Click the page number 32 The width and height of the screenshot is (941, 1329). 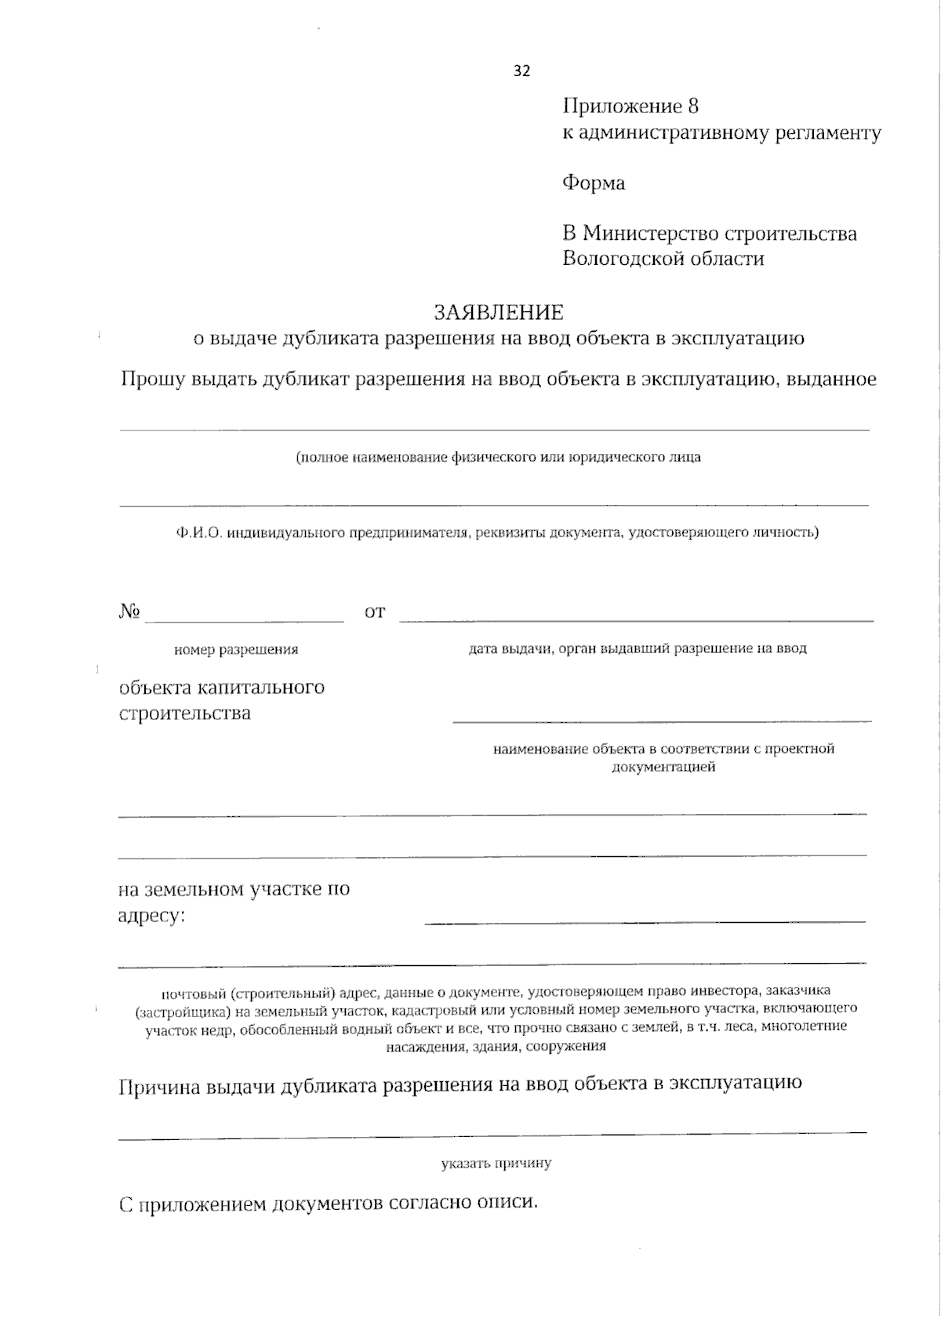(521, 71)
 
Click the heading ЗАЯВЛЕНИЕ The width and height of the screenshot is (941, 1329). (499, 313)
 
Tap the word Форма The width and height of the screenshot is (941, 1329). (594, 183)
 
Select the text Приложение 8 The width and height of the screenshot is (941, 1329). (630, 107)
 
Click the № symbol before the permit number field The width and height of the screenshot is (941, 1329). (129, 611)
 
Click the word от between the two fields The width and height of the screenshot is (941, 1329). (375, 612)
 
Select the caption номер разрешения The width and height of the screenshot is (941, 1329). (235, 649)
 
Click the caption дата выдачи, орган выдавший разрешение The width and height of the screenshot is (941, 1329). (637, 648)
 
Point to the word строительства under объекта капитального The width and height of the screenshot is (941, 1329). (184, 714)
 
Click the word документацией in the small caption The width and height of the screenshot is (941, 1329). (663, 767)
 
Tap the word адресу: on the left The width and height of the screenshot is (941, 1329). (151, 915)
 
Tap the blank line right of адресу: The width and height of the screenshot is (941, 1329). (645, 919)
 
